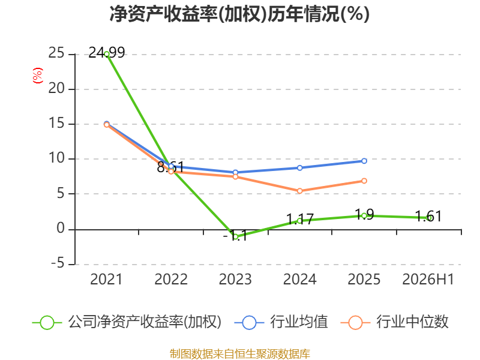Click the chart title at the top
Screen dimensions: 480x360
(239, 14)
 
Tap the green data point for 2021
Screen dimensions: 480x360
(107, 54)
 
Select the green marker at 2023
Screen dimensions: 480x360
(235, 236)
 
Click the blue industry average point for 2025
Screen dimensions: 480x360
(364, 161)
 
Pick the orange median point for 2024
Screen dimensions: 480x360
(299, 191)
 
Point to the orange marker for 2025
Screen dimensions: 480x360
(364, 181)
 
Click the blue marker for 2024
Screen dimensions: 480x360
(299, 168)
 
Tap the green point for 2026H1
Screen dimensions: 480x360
(429, 218)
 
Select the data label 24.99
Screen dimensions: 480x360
(107, 53)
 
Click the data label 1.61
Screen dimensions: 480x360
(428, 217)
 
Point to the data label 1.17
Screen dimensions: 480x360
(300, 219)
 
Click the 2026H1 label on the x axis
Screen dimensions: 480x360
(428, 279)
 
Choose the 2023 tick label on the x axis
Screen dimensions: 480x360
(235, 279)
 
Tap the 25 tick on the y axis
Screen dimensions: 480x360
(56, 53)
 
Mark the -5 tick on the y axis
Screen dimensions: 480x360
(58, 263)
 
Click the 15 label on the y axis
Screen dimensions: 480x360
(56, 124)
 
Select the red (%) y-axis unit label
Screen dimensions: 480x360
(38, 76)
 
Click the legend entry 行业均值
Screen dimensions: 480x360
(281, 322)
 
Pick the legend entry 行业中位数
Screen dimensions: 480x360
(394, 322)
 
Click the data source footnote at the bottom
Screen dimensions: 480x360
(240, 354)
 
